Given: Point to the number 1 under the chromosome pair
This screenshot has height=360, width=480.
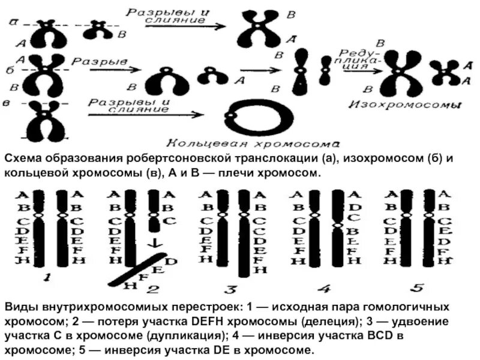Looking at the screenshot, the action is pyautogui.click(x=47, y=278).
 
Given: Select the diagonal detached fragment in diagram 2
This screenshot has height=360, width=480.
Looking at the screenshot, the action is pyautogui.click(x=135, y=270).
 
